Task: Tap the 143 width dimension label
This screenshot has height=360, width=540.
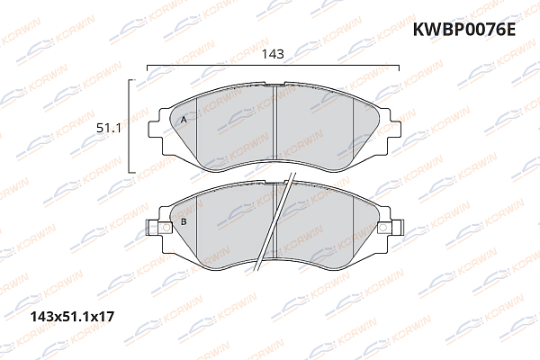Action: click(x=273, y=54)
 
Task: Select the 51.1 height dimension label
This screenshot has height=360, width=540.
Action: click(x=109, y=128)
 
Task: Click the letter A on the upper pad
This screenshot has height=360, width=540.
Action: click(x=184, y=120)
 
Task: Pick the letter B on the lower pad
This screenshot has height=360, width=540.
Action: click(x=184, y=222)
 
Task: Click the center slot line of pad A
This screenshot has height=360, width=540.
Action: click(x=274, y=126)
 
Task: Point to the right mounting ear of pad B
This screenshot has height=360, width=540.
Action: click(x=387, y=232)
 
